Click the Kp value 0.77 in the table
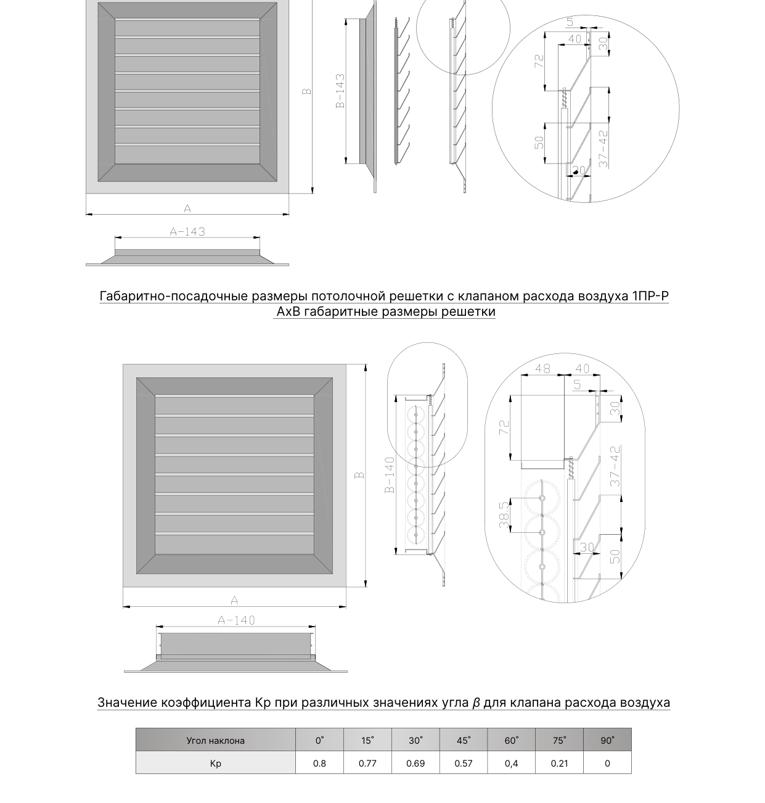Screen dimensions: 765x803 [367, 763]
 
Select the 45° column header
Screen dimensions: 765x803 [464, 741]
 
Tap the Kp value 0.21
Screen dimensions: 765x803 [559, 763]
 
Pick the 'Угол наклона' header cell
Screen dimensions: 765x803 [216, 741]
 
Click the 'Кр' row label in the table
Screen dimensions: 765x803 [216, 764]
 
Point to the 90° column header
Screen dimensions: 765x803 [607, 741]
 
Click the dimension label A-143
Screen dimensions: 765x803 [187, 232]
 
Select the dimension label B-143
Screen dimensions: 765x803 [340, 91]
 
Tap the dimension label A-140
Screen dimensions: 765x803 [236, 620]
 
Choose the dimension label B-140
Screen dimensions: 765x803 [390, 475]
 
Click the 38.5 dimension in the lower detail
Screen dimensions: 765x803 [504, 515]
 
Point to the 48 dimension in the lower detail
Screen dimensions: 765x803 [542, 368]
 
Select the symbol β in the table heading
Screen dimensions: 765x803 [476, 702]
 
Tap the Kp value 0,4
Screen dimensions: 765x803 [512, 764]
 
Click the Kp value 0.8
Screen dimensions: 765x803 [320, 763]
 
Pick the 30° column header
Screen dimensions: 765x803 [415, 741]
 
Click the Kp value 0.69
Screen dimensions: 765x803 [415, 763]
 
